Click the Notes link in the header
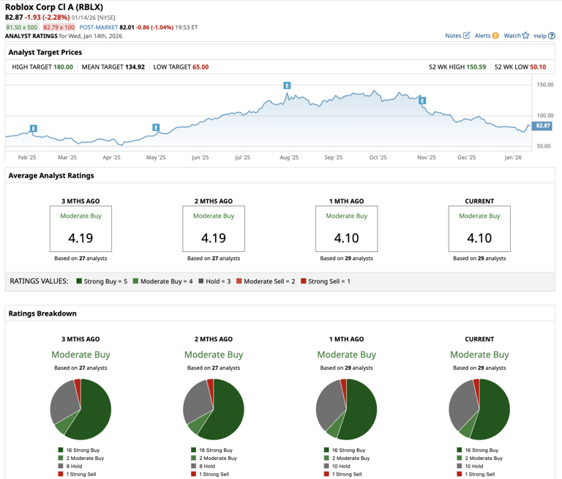pos(457,35)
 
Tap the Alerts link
pos(487,35)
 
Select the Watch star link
pos(516,35)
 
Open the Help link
pos(544,35)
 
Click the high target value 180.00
pos(64,67)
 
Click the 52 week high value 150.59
pos(476,67)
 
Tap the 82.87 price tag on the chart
pos(542,126)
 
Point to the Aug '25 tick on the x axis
pos(289,157)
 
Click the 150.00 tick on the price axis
pos(544,85)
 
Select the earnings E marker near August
pos(287,86)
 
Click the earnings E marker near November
pos(422,101)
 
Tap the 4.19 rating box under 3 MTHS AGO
pos(80,229)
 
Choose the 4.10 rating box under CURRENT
pos(479,229)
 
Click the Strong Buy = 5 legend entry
pos(102,281)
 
